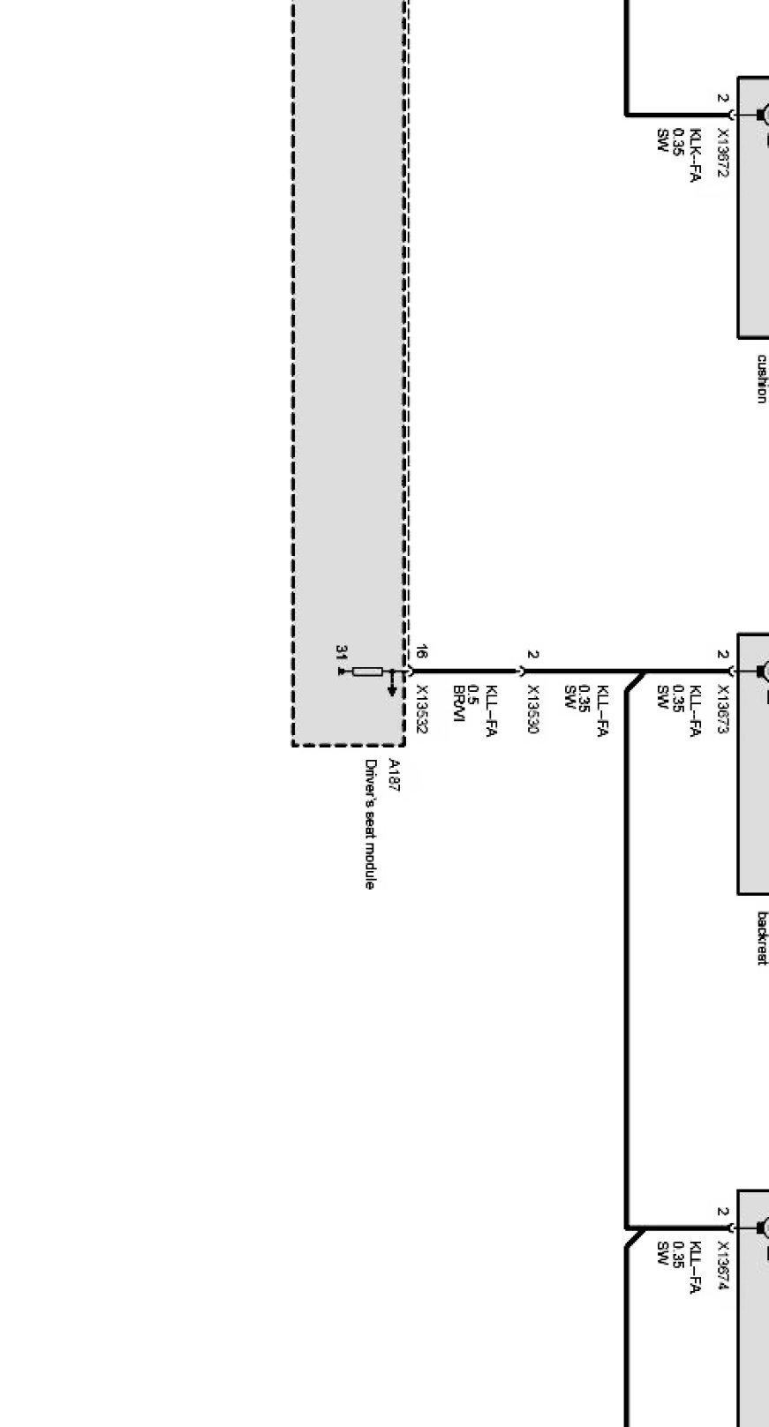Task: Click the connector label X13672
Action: (723, 154)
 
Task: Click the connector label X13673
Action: (723, 710)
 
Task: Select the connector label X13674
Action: (723, 1266)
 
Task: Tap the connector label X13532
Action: (421, 710)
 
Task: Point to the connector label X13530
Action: (532, 710)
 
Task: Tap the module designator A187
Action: (394, 776)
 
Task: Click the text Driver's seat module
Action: (370, 824)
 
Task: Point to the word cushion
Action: (761, 379)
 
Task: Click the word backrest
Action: (761, 938)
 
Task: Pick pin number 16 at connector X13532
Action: (422, 653)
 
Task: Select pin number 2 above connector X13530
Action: (532, 655)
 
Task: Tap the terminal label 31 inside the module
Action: (341, 652)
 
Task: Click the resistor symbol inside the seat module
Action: (367, 672)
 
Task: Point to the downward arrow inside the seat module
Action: (392, 687)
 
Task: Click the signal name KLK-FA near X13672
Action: (695, 155)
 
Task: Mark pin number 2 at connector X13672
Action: (723, 99)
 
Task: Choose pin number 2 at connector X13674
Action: (723, 1213)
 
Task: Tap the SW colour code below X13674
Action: (661, 1252)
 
